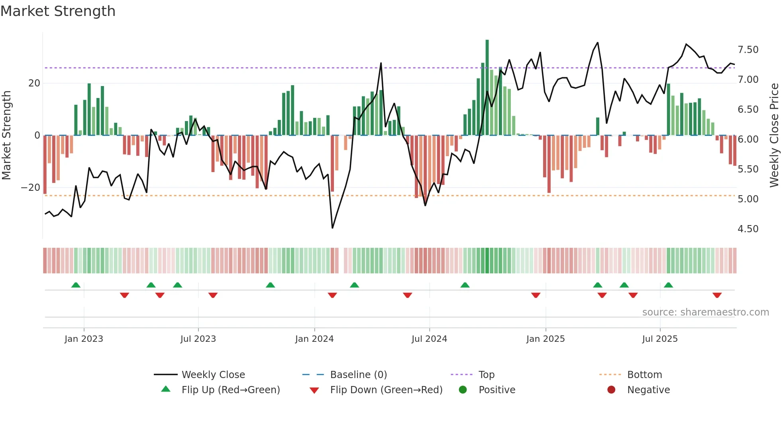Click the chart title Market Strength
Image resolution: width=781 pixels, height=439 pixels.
pos(58,11)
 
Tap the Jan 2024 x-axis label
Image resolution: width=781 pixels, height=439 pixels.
pos(314,339)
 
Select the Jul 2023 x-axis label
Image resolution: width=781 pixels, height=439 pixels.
pos(198,339)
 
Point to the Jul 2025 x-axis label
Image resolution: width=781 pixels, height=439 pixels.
pos(659,339)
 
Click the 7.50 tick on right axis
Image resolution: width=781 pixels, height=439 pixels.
pos(748,50)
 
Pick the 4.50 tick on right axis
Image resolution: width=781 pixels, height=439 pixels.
pos(748,229)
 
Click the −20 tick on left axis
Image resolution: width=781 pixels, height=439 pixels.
pos(30,188)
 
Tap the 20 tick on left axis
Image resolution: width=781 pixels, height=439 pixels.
pos(34,83)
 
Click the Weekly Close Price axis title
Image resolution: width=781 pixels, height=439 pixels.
pos(774,135)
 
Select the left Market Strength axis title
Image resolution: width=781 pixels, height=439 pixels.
pos(6,135)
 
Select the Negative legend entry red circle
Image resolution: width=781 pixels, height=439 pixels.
pos(611,390)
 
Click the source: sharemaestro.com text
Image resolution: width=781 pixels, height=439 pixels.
pos(705,312)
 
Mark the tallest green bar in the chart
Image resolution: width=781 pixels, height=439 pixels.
pos(487,88)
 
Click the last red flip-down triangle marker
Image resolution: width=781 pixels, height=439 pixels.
pos(717,295)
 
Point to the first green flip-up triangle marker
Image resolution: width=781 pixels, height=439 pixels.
pos(76,285)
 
